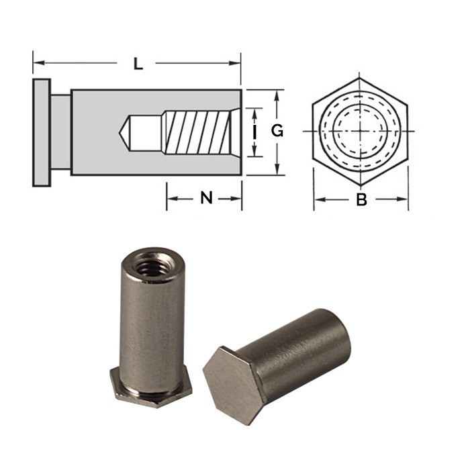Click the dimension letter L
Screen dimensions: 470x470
click(138, 64)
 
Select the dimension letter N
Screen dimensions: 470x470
click(206, 198)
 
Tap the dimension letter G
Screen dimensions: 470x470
click(277, 132)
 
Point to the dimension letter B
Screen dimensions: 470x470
click(361, 199)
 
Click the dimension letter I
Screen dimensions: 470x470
click(254, 132)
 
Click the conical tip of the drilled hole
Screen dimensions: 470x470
click(125, 132)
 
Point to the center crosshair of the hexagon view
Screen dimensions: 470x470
click(361, 131)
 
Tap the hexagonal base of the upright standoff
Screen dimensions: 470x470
click(151, 389)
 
